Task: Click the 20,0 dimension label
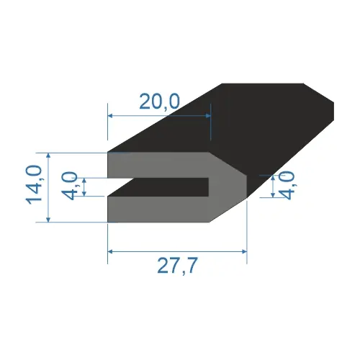[x=159, y=102]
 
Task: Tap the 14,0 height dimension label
[x=34, y=185]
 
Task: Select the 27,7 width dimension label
[x=178, y=266]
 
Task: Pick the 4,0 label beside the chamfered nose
[x=287, y=186]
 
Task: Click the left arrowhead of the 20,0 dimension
[x=110, y=116]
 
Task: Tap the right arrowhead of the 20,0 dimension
[x=208, y=116]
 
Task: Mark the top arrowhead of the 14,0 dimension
[x=48, y=156]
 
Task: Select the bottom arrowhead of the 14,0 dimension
[x=48, y=220]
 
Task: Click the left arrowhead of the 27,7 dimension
[x=110, y=251]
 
